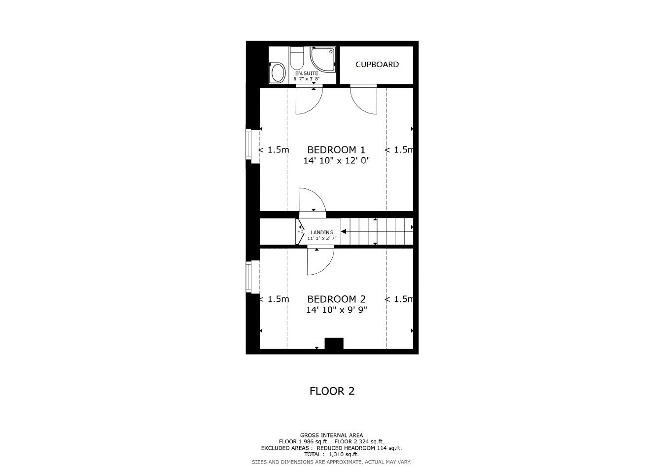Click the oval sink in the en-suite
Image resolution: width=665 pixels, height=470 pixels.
click(x=278, y=73)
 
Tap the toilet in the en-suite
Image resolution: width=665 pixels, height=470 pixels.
click(x=297, y=59)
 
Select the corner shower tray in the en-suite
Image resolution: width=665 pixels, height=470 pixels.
click(x=322, y=59)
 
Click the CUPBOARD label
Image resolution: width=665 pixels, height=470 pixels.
click(x=377, y=64)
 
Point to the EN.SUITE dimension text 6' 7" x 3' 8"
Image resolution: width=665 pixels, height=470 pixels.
click(x=307, y=78)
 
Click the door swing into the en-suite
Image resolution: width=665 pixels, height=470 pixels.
click(x=309, y=100)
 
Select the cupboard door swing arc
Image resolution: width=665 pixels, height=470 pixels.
click(x=364, y=100)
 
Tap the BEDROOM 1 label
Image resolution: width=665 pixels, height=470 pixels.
click(x=336, y=149)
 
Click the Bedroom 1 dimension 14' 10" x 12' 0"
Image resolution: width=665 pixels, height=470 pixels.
click(x=336, y=160)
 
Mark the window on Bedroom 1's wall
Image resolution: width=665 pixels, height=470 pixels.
click(x=249, y=145)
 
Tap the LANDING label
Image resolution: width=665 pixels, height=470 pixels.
click(x=322, y=232)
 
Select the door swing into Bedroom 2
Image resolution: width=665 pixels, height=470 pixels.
click(x=320, y=262)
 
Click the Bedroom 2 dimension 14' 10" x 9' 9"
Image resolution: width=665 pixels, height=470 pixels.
click(x=336, y=310)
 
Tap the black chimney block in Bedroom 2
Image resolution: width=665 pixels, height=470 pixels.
click(x=334, y=344)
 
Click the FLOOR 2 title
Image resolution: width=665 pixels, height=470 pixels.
click(x=332, y=391)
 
